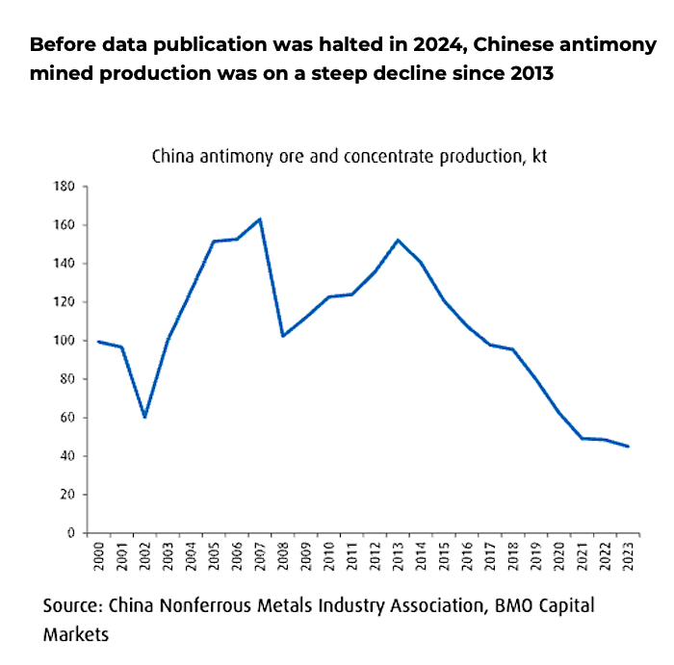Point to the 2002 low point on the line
point(144,417)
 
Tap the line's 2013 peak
point(398,240)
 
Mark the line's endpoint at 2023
point(628,447)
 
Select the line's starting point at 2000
point(98,342)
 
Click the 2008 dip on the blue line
point(282,336)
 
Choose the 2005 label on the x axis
point(214,558)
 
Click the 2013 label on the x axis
point(398,558)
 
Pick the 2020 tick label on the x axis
point(559,558)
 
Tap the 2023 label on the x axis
point(629,558)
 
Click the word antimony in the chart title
point(235,157)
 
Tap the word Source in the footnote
point(72,606)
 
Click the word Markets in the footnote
point(76,635)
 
